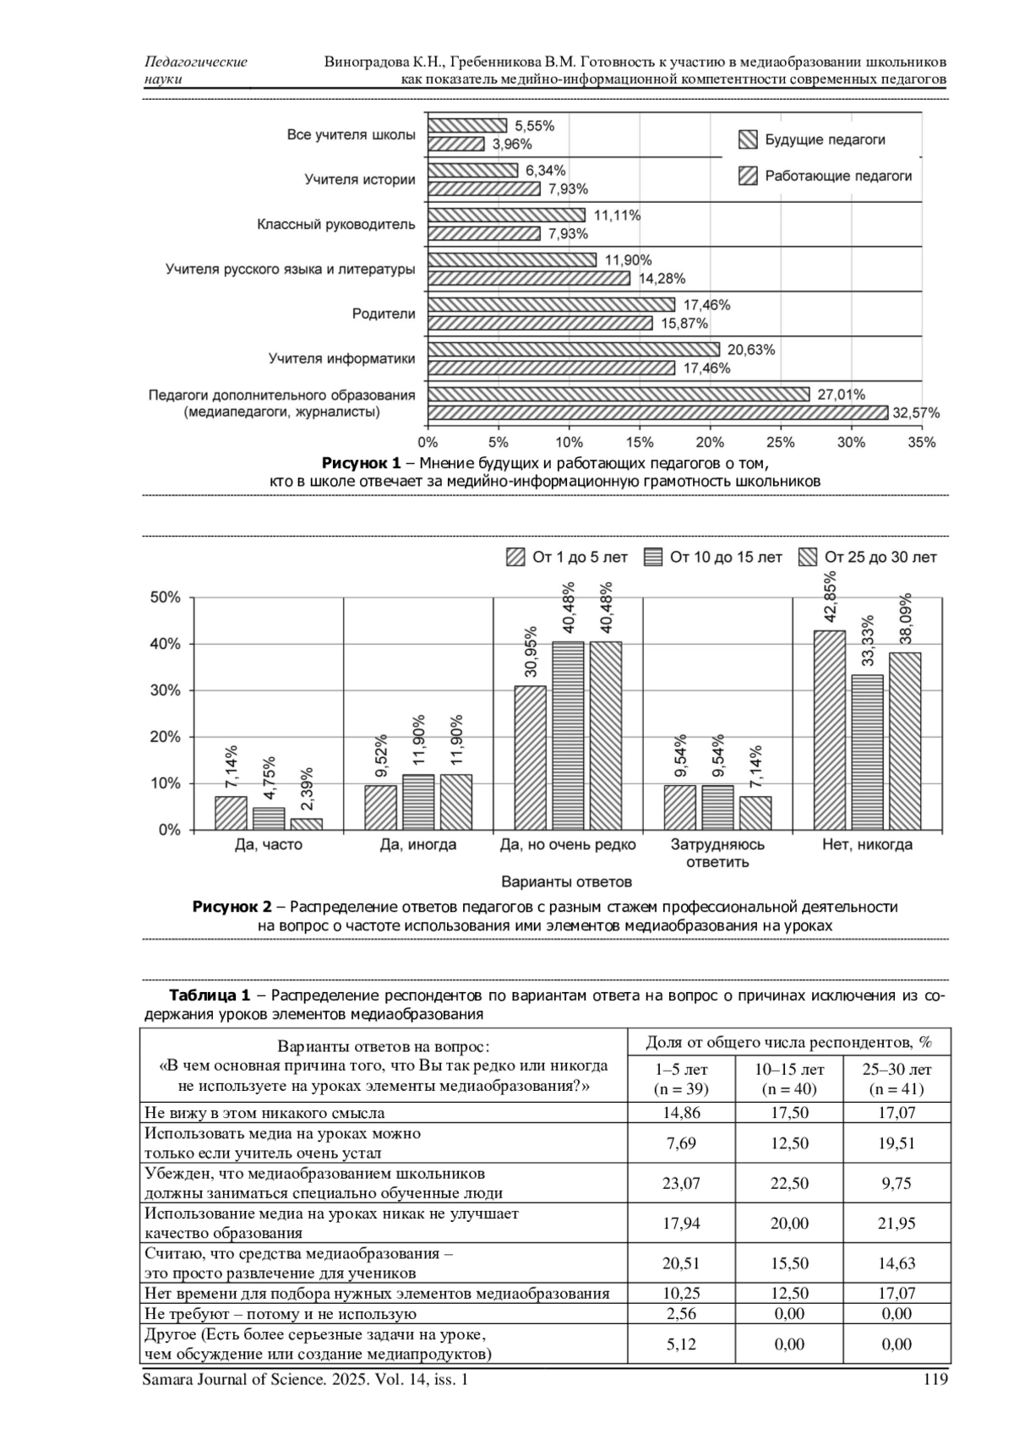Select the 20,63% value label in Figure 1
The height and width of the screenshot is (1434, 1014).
pos(751,350)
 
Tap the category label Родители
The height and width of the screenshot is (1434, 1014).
pos(384,314)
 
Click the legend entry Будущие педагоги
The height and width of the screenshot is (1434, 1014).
pos(825,140)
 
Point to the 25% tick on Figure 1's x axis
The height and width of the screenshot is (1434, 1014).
pos(781,443)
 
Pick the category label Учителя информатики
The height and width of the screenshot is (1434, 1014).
pos(342,359)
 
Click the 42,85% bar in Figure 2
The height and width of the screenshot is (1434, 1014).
pos(830,730)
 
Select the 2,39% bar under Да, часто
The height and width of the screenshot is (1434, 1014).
pos(307,824)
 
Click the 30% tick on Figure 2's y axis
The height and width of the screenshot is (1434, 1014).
pos(166,690)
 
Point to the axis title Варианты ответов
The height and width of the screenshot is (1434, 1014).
pos(566,883)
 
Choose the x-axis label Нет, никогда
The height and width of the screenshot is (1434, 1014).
pos(867,845)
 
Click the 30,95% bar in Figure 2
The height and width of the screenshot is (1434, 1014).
pos(530,757)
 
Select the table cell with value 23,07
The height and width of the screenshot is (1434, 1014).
pos(681,1184)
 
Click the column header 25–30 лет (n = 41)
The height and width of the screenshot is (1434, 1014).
pos(897,1080)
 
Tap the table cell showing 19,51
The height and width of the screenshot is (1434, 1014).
pos(897,1143)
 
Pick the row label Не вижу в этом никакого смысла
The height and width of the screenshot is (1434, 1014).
pos(264,1114)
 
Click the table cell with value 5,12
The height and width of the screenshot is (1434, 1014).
pos(681,1344)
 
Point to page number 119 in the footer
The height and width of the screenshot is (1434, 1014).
pos(936,1380)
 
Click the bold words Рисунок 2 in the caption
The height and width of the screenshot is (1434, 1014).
pos(232,907)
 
